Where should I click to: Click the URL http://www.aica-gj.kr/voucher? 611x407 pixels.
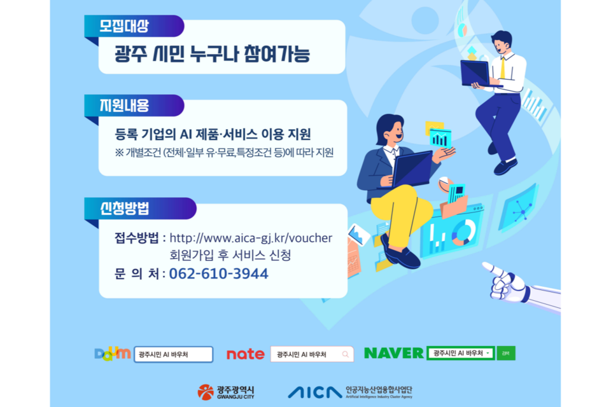point(251,238)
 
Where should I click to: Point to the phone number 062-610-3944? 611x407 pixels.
point(219,274)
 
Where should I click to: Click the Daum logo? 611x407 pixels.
point(113,354)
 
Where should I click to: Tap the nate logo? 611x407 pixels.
point(245,354)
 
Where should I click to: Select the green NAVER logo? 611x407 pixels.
point(393,353)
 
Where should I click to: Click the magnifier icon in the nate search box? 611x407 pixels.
point(345,354)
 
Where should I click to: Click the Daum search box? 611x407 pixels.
point(174,354)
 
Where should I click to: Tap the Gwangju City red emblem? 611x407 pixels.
point(206,392)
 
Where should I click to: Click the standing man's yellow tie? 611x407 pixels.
point(503,67)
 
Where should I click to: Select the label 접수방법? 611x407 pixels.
point(137,238)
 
